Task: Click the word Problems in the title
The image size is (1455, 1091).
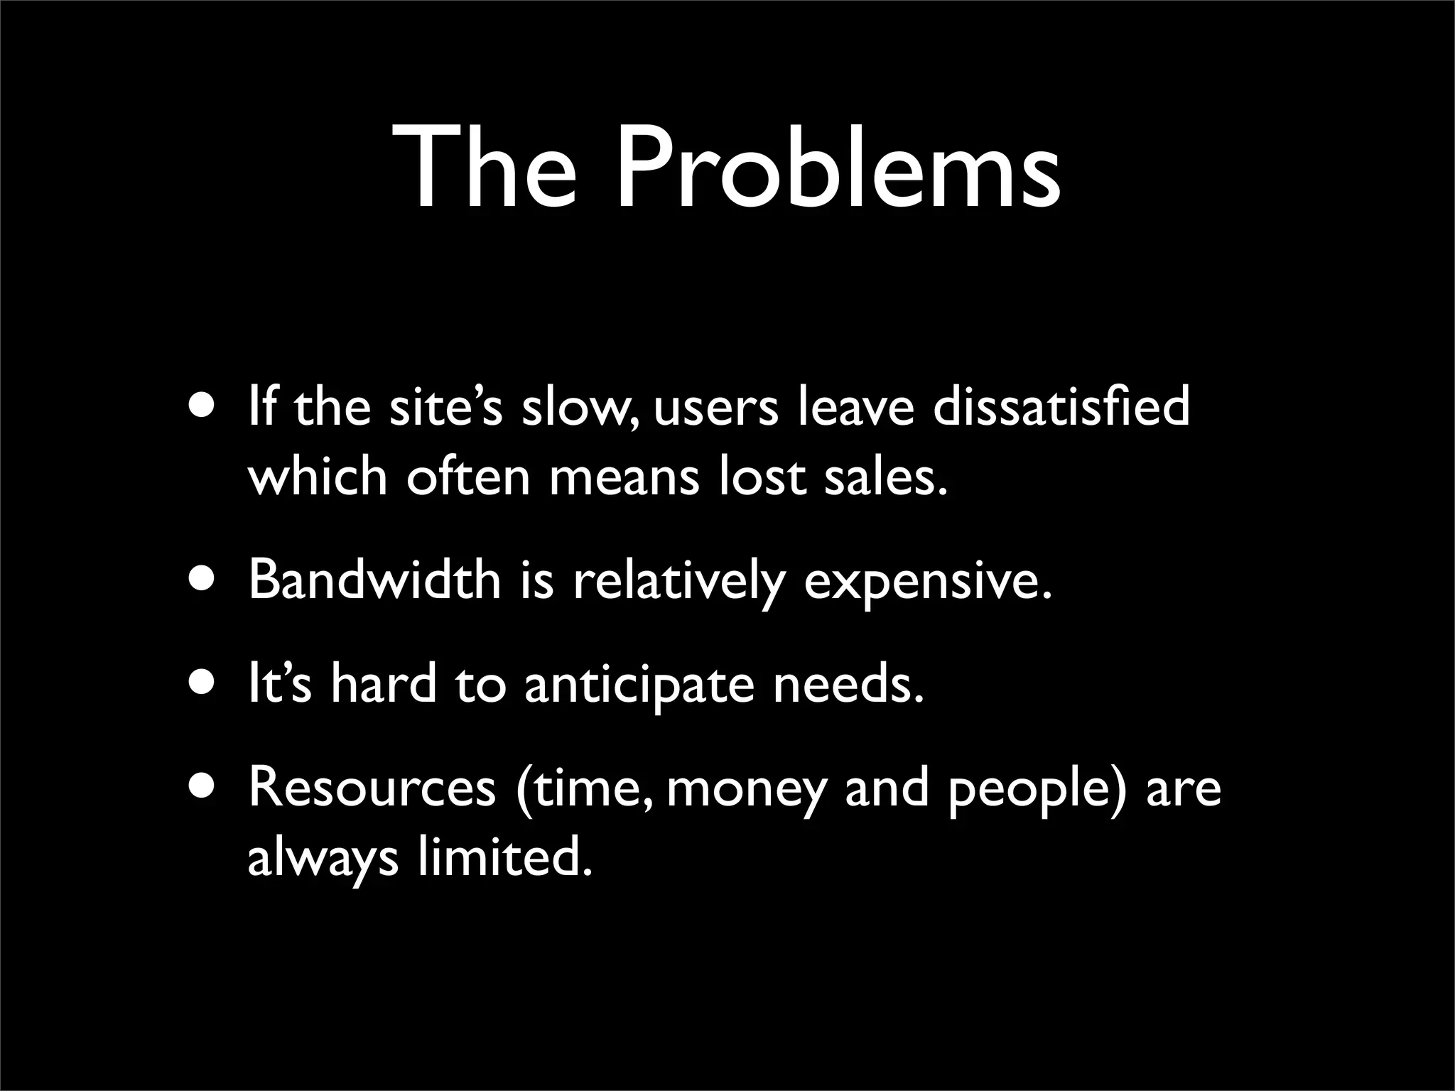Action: click(x=838, y=170)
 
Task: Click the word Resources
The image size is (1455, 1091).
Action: click(x=372, y=788)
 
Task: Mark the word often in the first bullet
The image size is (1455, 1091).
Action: click(x=468, y=477)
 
